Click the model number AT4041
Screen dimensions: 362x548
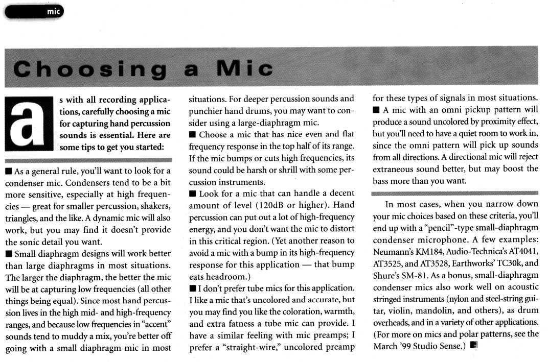520,252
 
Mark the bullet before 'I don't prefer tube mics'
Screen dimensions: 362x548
192,287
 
